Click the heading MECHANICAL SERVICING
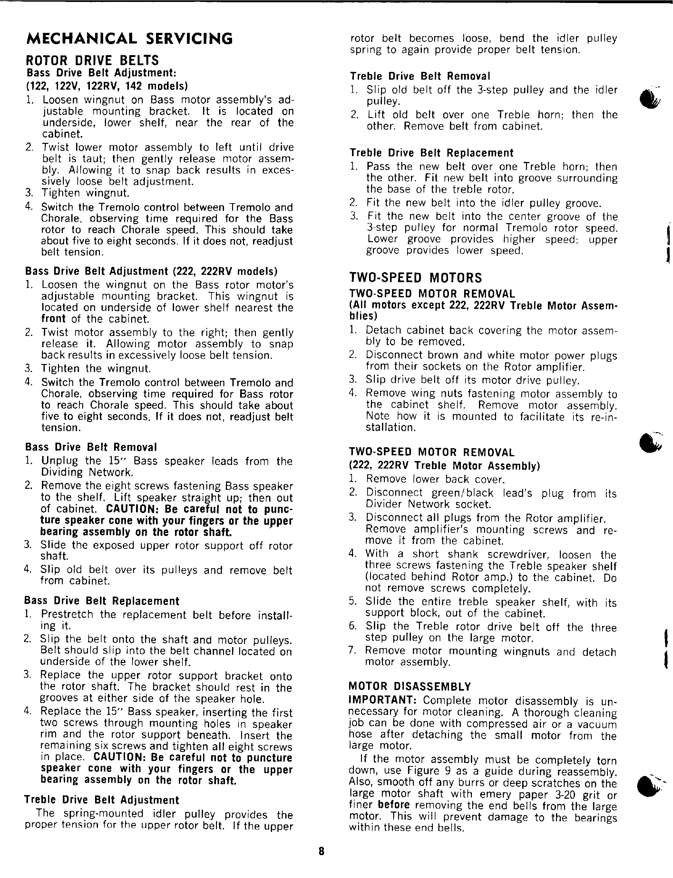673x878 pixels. [x=129, y=39]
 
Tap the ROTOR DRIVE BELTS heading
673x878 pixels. [x=92, y=61]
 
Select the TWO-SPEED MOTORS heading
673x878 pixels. [x=415, y=278]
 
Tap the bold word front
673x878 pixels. [x=53, y=319]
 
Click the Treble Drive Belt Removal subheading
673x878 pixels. [x=420, y=76]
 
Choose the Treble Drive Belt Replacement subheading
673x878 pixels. [x=432, y=153]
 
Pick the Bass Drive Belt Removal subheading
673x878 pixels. [x=91, y=447]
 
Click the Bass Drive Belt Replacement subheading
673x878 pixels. [x=102, y=601]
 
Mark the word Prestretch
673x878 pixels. [x=67, y=614]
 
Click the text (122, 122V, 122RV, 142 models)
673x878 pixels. [x=107, y=86]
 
